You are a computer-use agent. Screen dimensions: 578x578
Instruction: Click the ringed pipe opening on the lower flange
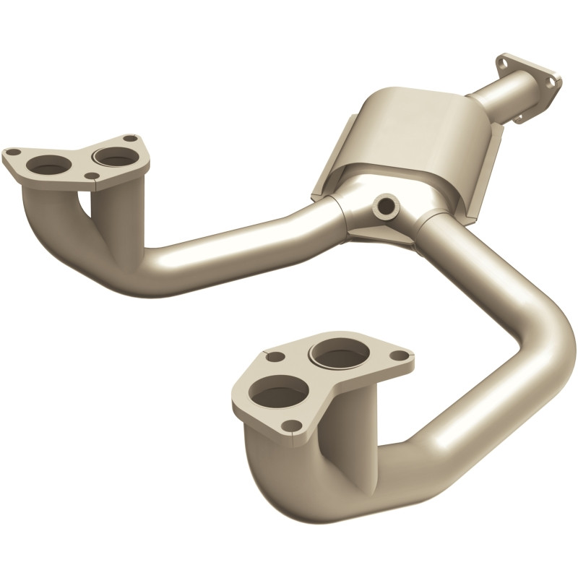pos(337,355)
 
